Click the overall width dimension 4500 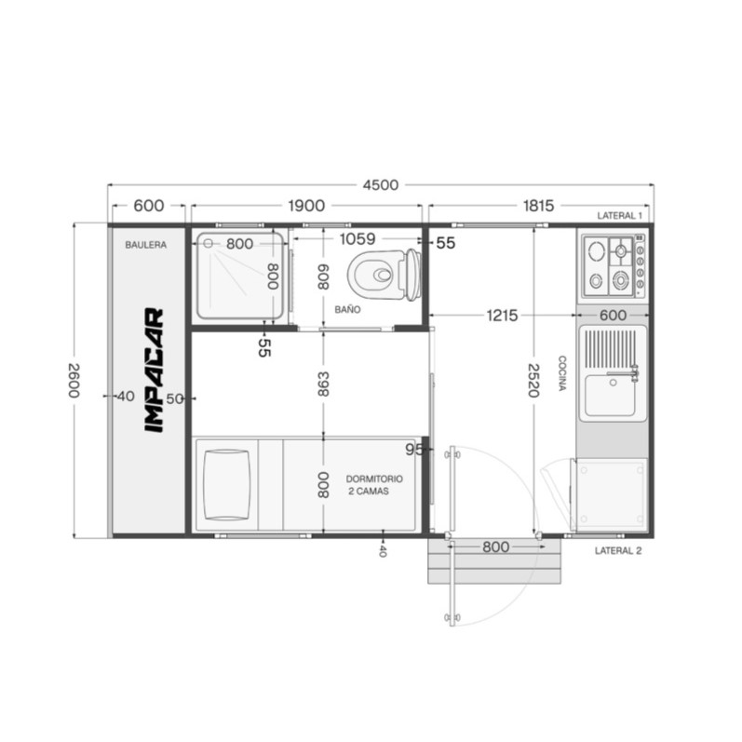[381, 185]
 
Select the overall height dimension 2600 [74, 381]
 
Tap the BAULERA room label [146, 245]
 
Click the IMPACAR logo [154, 370]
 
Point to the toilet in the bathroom [384, 275]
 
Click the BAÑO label [347, 309]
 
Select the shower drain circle [209, 243]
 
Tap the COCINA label [562, 373]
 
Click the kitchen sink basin [610, 395]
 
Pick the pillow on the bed [226, 485]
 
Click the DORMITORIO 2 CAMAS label [374, 485]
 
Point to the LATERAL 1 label [619, 216]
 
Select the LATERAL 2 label [618, 551]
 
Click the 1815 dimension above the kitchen [538, 206]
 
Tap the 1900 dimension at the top [306, 206]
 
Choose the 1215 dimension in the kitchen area [502, 316]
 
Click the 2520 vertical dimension [533, 381]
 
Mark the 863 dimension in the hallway [323, 384]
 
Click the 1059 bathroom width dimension [358, 239]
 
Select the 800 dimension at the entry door [496, 547]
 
